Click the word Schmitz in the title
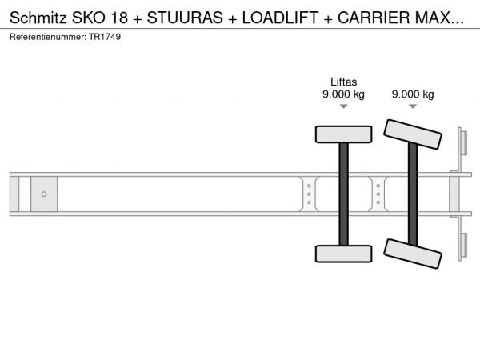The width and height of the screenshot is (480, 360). [38, 18]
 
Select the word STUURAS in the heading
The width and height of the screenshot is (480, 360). [185, 18]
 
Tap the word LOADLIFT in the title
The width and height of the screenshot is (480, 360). [281, 18]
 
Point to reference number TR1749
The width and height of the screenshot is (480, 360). [105, 37]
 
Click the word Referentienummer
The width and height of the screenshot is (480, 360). [48, 37]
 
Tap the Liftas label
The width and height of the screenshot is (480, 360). [343, 82]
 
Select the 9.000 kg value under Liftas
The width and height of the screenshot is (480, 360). [343, 94]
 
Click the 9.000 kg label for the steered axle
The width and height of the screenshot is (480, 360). [413, 94]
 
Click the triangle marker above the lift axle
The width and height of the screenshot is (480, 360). [344, 106]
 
